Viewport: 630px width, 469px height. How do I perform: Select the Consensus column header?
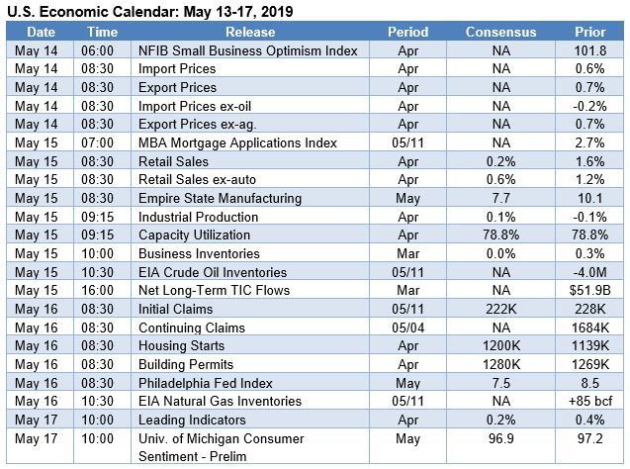tap(500, 32)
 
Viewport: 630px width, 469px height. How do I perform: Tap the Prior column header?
tap(590, 32)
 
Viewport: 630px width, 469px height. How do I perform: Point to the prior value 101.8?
tap(590, 50)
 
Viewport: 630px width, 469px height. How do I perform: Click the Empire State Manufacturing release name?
tap(220, 198)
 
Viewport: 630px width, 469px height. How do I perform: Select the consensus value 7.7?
tap(500, 198)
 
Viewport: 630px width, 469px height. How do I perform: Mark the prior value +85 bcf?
tap(590, 401)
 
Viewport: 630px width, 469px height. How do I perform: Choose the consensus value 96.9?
tap(500, 438)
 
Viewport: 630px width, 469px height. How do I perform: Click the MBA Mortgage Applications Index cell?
tap(237, 142)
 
